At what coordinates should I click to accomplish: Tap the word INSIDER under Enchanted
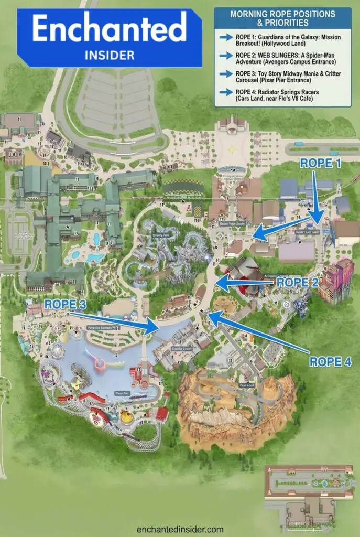109,55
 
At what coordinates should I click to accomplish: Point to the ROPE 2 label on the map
298,282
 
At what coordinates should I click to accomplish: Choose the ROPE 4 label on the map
330,361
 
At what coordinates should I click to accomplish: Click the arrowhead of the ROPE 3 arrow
152,327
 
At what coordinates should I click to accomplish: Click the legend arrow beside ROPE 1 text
226,37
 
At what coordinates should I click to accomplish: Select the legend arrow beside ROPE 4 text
226,92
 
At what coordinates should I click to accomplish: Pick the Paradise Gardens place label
103,327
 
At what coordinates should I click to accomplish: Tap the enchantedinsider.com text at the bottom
180,529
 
